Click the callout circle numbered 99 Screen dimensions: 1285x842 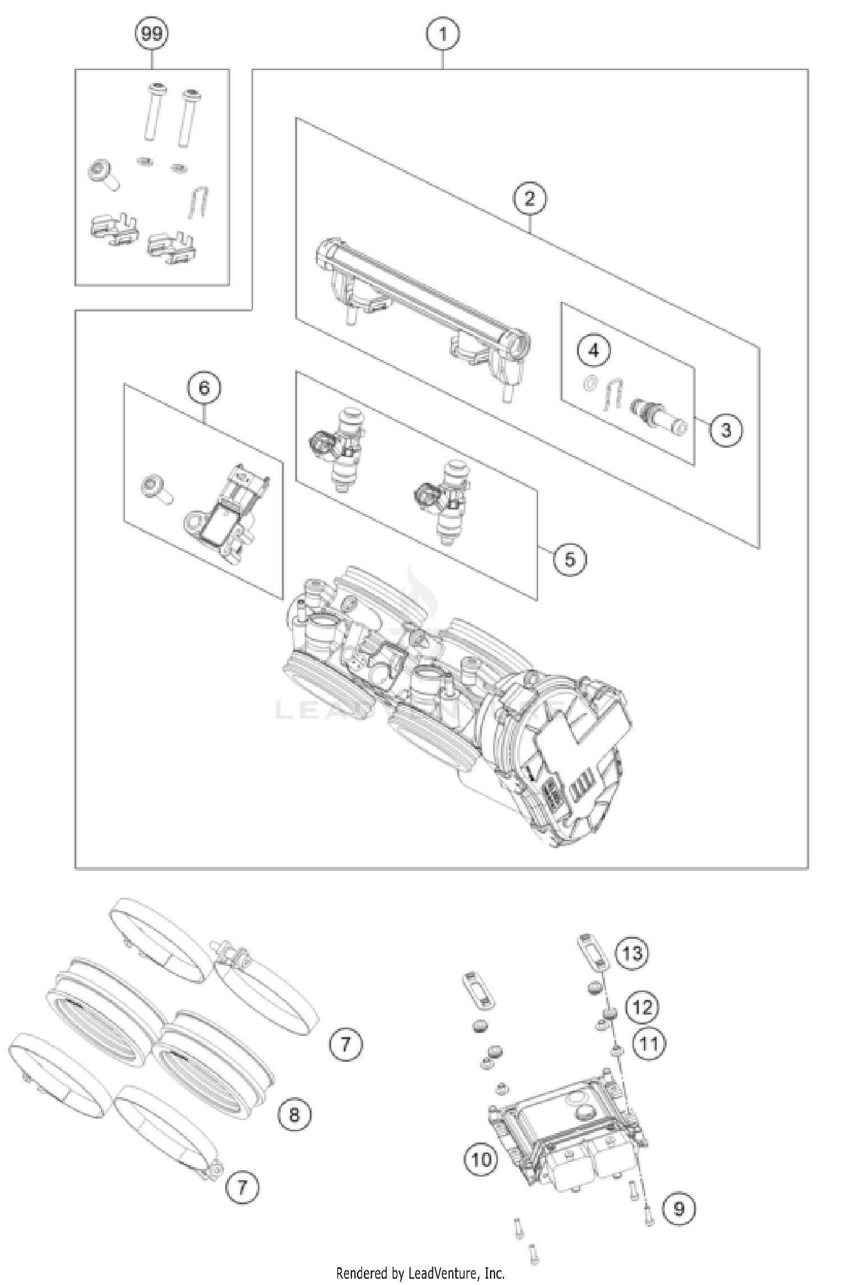[x=152, y=34]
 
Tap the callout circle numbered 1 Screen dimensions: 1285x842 [x=443, y=34]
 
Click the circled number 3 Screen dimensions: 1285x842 [x=726, y=430]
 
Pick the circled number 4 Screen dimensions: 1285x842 [x=594, y=351]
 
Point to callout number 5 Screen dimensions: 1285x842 [x=570, y=559]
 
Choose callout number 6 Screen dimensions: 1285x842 [x=204, y=388]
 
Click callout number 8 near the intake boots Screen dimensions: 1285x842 [x=295, y=1114]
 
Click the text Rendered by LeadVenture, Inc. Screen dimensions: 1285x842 [x=420, y=1273]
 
